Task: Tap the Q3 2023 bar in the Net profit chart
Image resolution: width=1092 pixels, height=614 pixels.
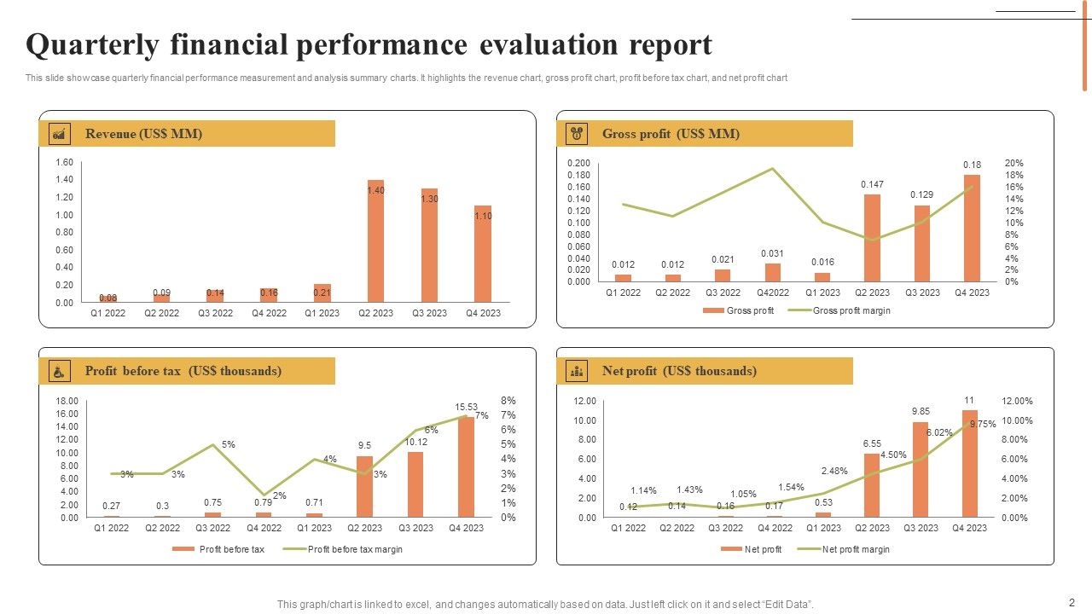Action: (920, 469)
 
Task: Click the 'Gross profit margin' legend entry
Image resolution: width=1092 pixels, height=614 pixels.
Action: (851, 311)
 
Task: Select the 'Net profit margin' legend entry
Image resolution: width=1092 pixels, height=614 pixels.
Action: (855, 550)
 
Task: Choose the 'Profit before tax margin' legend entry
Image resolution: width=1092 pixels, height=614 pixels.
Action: (354, 550)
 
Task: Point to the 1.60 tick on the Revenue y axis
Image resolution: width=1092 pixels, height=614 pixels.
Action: (64, 163)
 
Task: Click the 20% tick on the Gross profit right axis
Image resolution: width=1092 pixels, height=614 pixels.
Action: (1014, 163)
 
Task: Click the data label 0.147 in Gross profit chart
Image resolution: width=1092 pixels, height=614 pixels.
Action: (872, 184)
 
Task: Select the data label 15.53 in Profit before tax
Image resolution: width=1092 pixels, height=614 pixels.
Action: (466, 407)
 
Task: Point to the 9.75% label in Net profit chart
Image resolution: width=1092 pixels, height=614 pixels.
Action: (983, 424)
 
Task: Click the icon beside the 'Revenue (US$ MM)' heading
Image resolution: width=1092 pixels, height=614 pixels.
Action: (60, 134)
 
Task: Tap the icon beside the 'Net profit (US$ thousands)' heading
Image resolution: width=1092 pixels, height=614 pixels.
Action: (578, 371)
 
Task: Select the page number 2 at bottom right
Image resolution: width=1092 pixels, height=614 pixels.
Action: (1072, 601)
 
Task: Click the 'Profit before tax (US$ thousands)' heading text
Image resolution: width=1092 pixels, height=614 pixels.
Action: (183, 371)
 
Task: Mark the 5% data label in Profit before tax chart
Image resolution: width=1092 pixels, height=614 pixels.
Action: (229, 444)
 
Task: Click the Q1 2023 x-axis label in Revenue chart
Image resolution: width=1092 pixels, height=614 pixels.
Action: (322, 313)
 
